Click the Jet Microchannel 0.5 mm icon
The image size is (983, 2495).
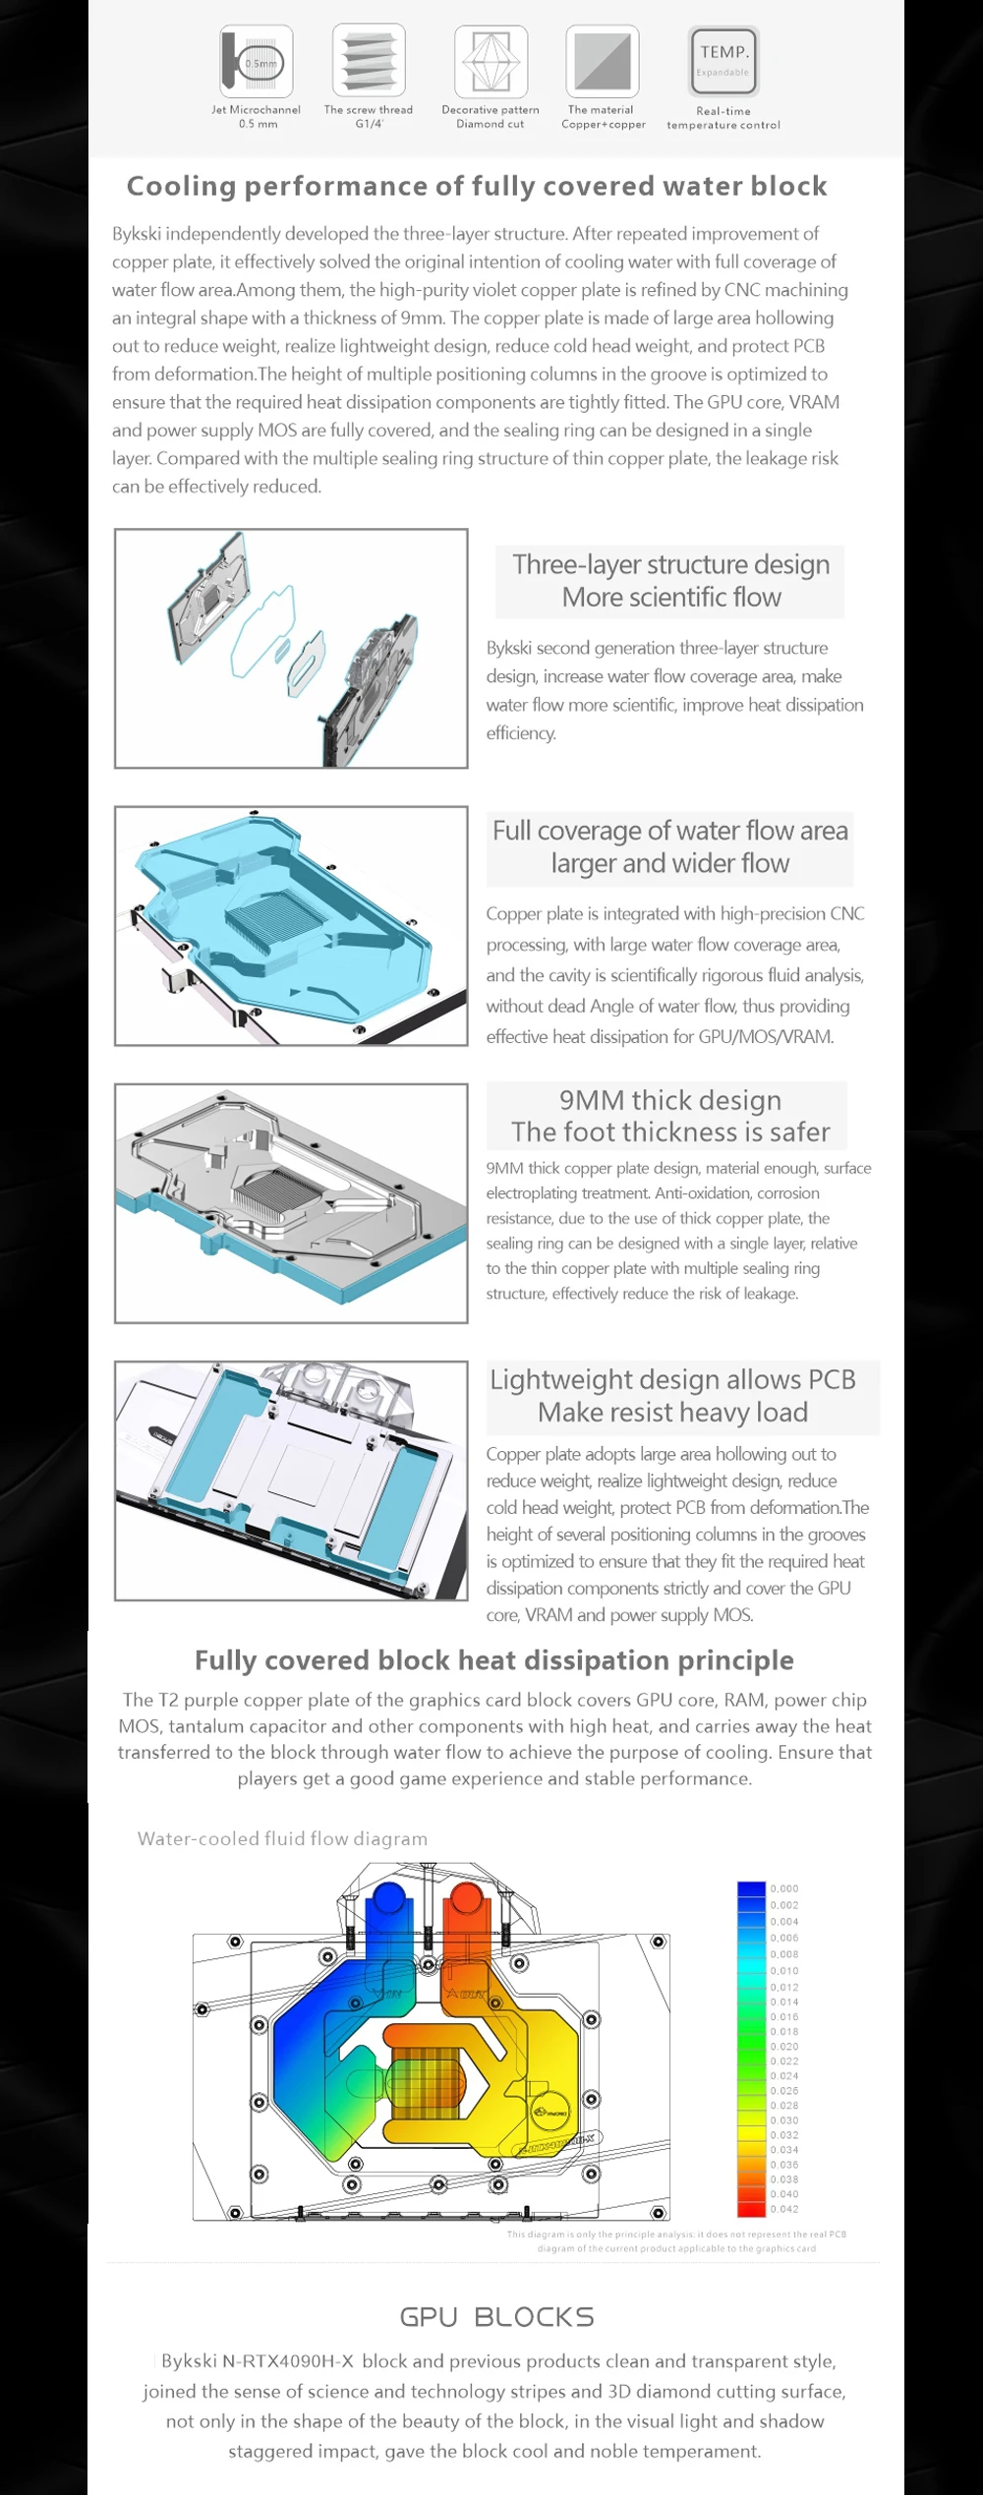pos(257,62)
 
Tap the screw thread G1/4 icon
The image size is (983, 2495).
pos(369,62)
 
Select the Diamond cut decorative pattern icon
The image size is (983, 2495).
pos(491,62)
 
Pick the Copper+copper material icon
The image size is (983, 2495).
pos(603,62)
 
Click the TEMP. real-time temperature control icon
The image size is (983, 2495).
pos(723,62)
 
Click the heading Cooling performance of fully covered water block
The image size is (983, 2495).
pos(477,186)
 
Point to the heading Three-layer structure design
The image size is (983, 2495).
pos(670,564)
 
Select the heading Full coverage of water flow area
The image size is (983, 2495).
pos(669,831)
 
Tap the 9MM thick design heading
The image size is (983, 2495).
pos(670,1100)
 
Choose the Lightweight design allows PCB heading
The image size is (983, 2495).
pos(672,1379)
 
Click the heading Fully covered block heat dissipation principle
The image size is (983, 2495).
pos(493,1660)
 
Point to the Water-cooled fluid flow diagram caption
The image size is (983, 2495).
pos(282,1838)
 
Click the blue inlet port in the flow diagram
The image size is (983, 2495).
pos(389,1899)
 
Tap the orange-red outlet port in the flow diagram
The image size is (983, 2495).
pos(464,1899)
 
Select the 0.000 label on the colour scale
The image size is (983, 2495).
pos(784,1888)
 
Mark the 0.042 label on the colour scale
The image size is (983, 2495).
pos(784,2209)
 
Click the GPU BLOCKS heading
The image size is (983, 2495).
pos(496,2317)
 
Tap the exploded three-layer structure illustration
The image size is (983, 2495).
pos(291,648)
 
